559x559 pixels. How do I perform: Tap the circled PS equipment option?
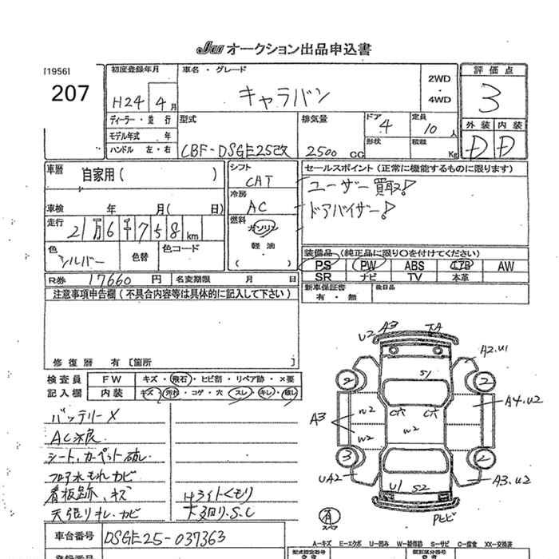tap(323, 265)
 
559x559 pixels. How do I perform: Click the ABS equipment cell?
tap(414, 265)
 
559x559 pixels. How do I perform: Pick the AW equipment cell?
tap(505, 265)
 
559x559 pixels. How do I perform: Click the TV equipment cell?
tap(414, 276)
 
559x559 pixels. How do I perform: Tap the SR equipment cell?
tap(323, 276)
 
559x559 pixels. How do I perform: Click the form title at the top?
tap(283, 49)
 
